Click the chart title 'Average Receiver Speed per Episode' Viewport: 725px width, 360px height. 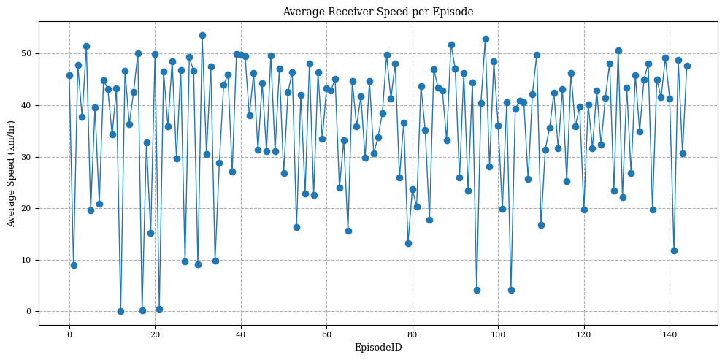pyautogui.click(x=377, y=12)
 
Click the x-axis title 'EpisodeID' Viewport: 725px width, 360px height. pyautogui.click(x=377, y=348)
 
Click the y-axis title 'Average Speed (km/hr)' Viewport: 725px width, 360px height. pyautogui.click(x=11, y=173)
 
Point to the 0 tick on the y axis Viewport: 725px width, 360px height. pyautogui.click(x=30, y=312)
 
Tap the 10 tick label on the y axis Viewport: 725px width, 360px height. pyautogui.click(x=28, y=260)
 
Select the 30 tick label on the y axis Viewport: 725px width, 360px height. pyautogui.click(x=28, y=157)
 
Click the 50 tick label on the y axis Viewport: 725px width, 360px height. pyautogui.click(x=28, y=54)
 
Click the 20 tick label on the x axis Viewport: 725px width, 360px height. pyautogui.click(x=156, y=334)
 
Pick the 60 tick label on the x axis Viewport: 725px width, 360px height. pyautogui.click(x=326, y=334)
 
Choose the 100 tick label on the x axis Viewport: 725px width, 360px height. pyautogui.click(x=498, y=334)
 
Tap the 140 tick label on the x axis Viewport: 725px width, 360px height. pyautogui.click(x=670, y=334)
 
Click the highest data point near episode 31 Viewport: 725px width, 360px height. pyautogui.click(x=202, y=35)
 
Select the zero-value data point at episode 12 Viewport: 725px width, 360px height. pyautogui.click(x=120, y=311)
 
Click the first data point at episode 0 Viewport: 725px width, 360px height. pyautogui.click(x=69, y=75)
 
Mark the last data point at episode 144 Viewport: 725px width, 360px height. pyautogui.click(x=687, y=66)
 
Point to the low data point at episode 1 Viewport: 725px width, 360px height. pyautogui.click(x=74, y=265)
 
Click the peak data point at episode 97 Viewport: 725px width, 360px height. pyautogui.click(x=486, y=39)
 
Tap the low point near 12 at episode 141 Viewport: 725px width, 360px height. pyautogui.click(x=674, y=250)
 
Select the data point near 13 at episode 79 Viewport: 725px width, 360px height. pyautogui.click(x=408, y=243)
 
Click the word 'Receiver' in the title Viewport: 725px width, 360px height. pyautogui.click(x=348, y=12)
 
